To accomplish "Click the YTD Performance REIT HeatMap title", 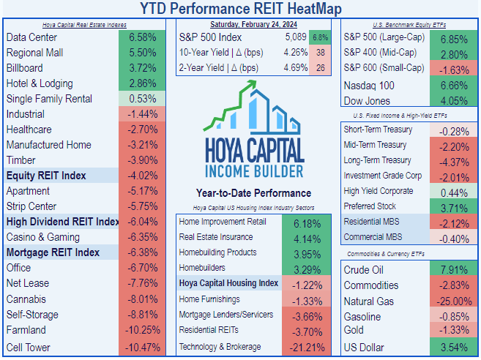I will [x=240, y=9].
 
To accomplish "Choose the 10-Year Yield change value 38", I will [x=321, y=53].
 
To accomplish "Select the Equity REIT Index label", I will [x=46, y=176].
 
